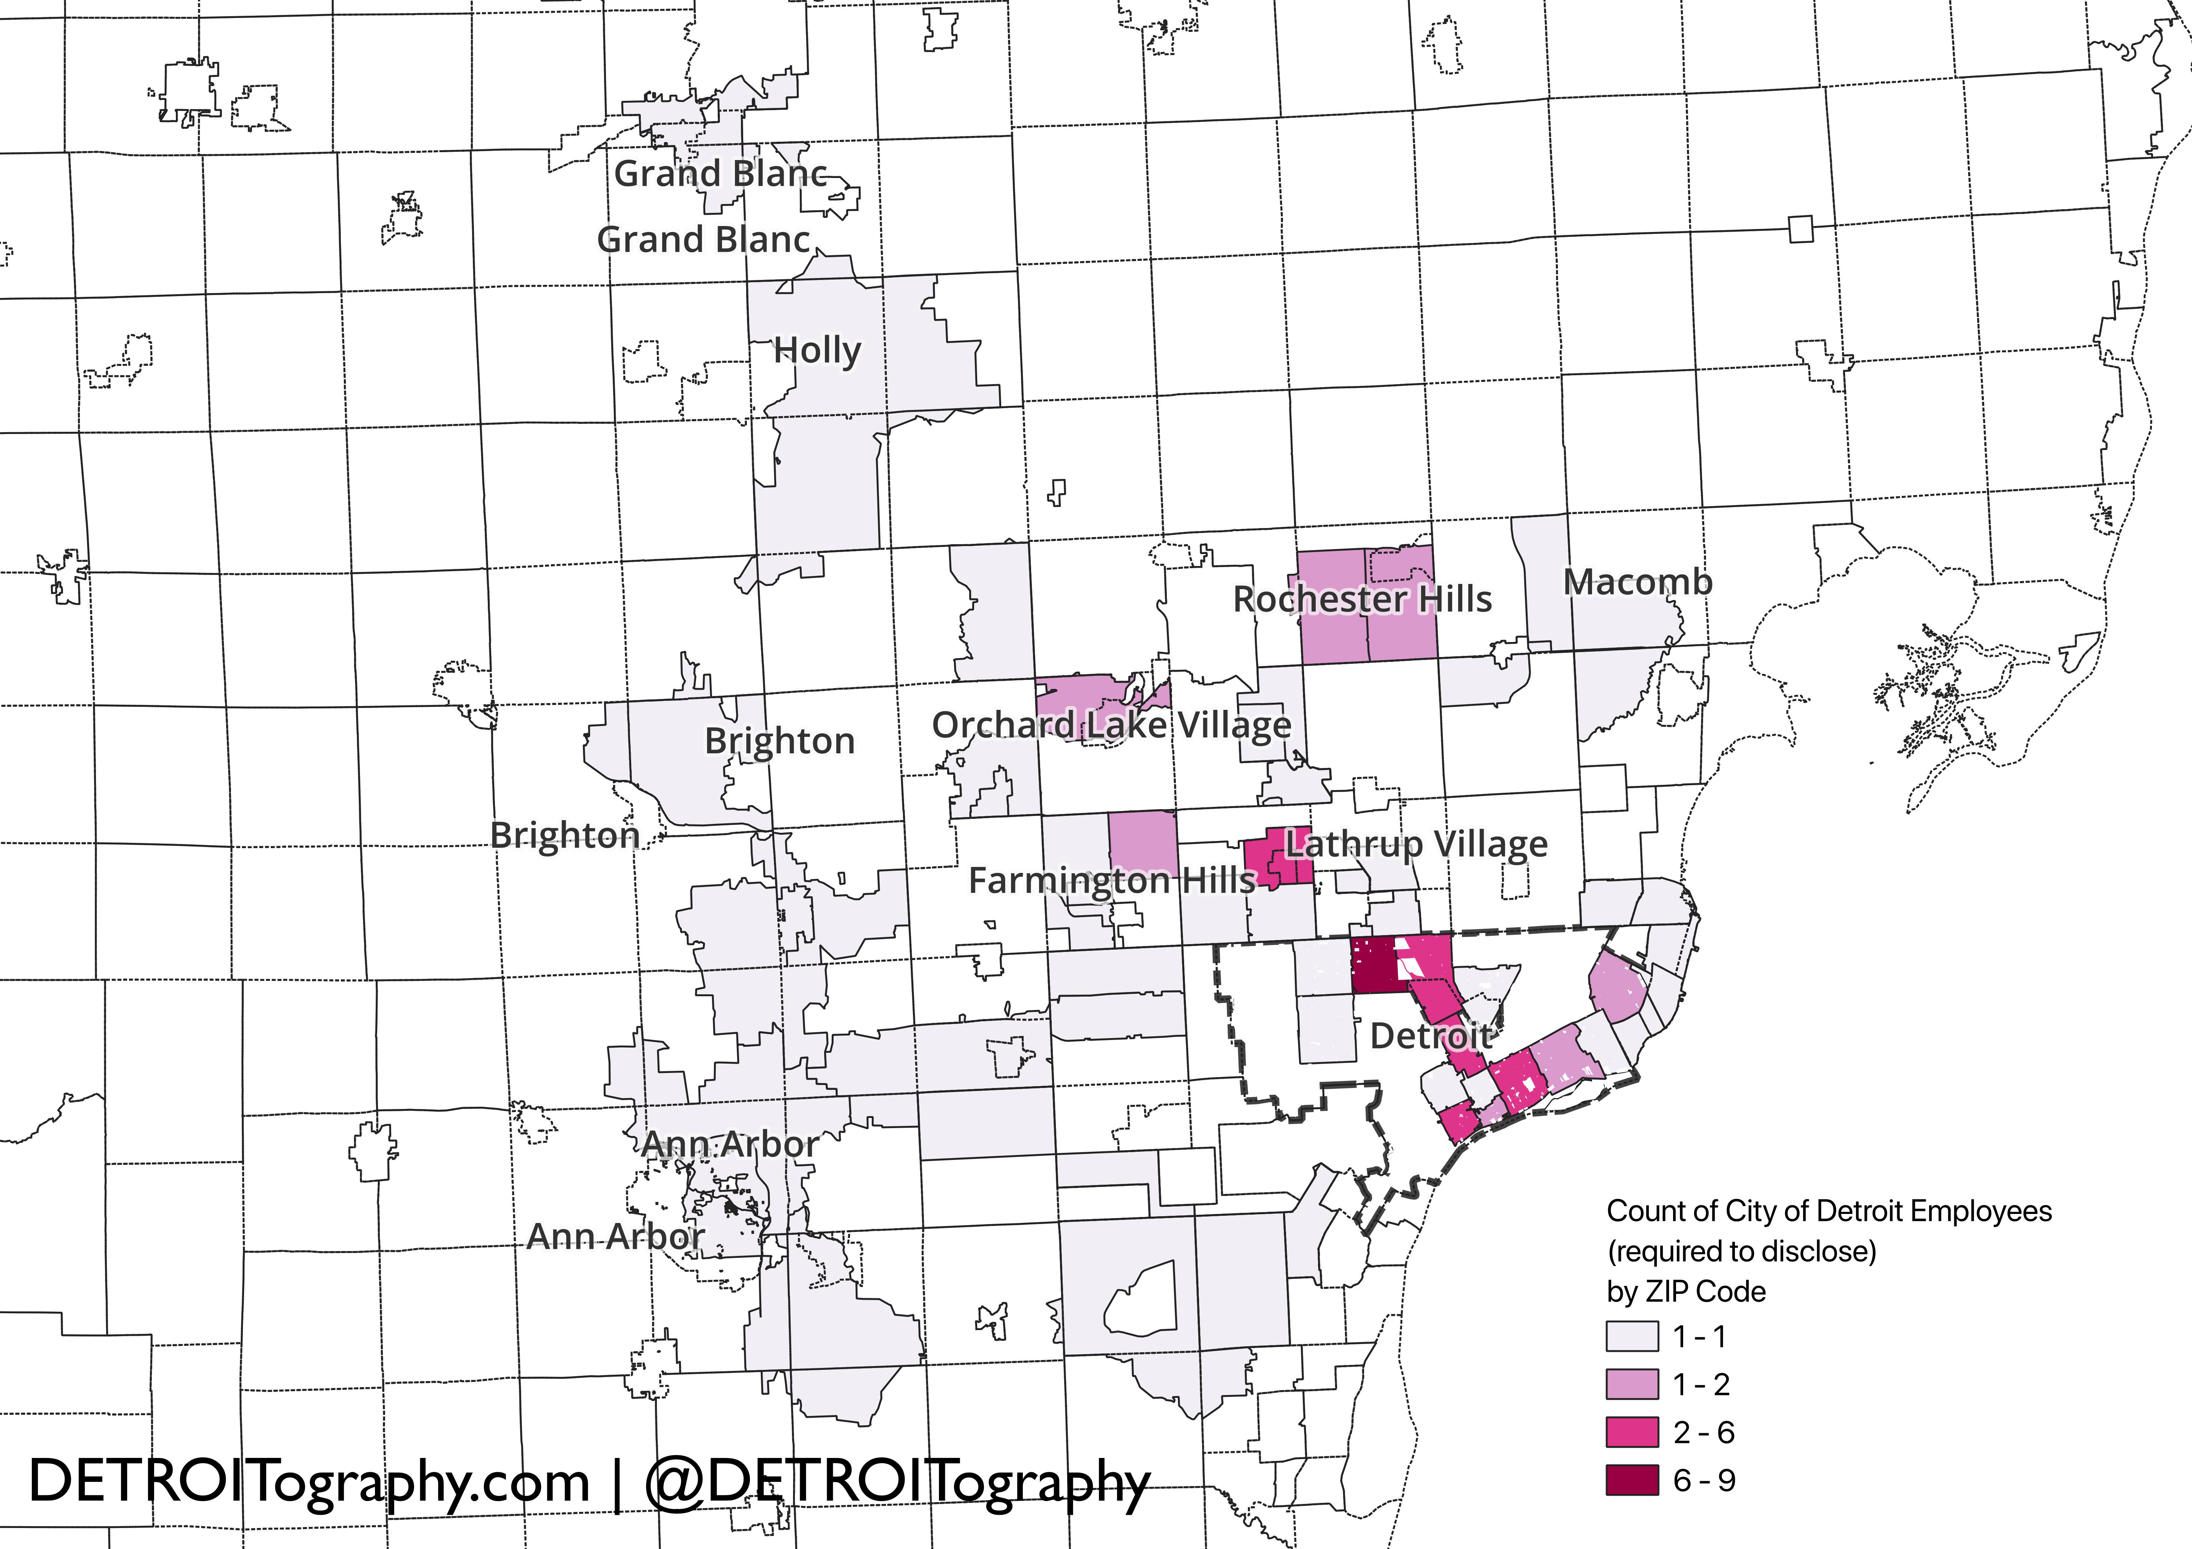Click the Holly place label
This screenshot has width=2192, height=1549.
[x=817, y=350]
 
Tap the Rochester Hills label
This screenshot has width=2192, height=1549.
[x=1362, y=599]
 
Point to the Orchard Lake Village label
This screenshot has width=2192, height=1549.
[x=1111, y=725]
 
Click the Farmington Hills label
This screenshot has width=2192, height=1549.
[x=1111, y=880]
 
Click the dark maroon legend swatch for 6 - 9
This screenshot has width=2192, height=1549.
[x=1631, y=1480]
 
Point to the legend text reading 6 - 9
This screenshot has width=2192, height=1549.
[x=1704, y=1480]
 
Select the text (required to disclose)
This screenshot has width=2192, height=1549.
[x=1741, y=1251]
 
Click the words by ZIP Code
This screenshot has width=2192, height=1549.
[x=1686, y=1291]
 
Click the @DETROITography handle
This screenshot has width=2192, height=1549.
[x=897, y=1482]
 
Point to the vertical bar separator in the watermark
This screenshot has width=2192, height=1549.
[x=617, y=1482]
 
